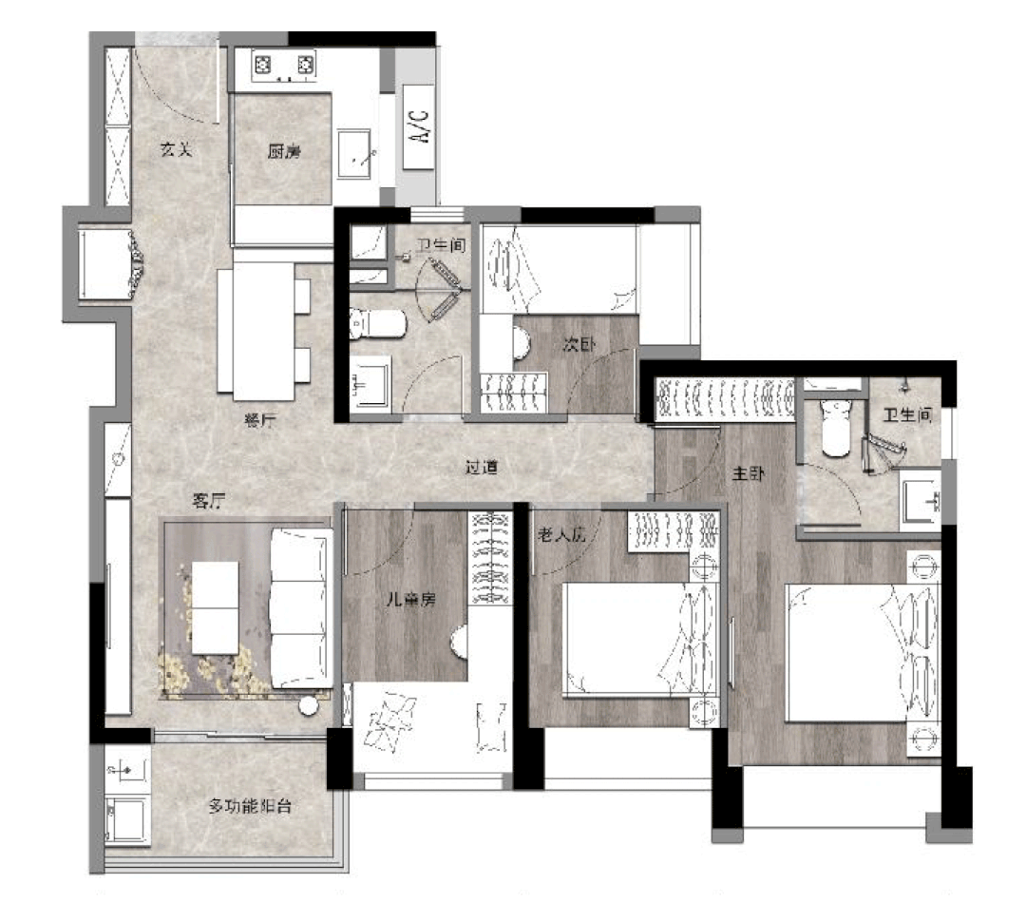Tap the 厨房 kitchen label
(x=283, y=150)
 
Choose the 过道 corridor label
(x=482, y=468)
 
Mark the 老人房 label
(x=562, y=535)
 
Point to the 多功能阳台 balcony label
(x=250, y=807)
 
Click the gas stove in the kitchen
(x=283, y=67)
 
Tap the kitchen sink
(x=355, y=152)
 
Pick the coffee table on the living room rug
(x=216, y=607)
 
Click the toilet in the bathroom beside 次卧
(x=378, y=324)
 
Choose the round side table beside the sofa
(x=309, y=706)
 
